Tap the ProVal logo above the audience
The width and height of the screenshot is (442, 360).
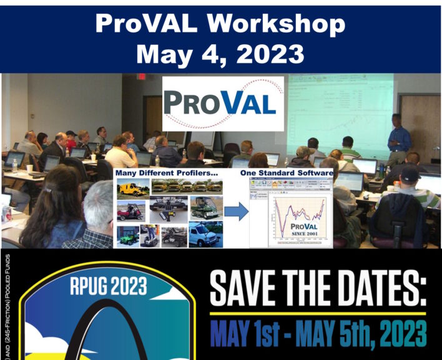point(222,104)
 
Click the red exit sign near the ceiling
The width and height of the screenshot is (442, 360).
point(142,77)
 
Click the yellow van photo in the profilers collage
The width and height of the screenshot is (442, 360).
point(133,188)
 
